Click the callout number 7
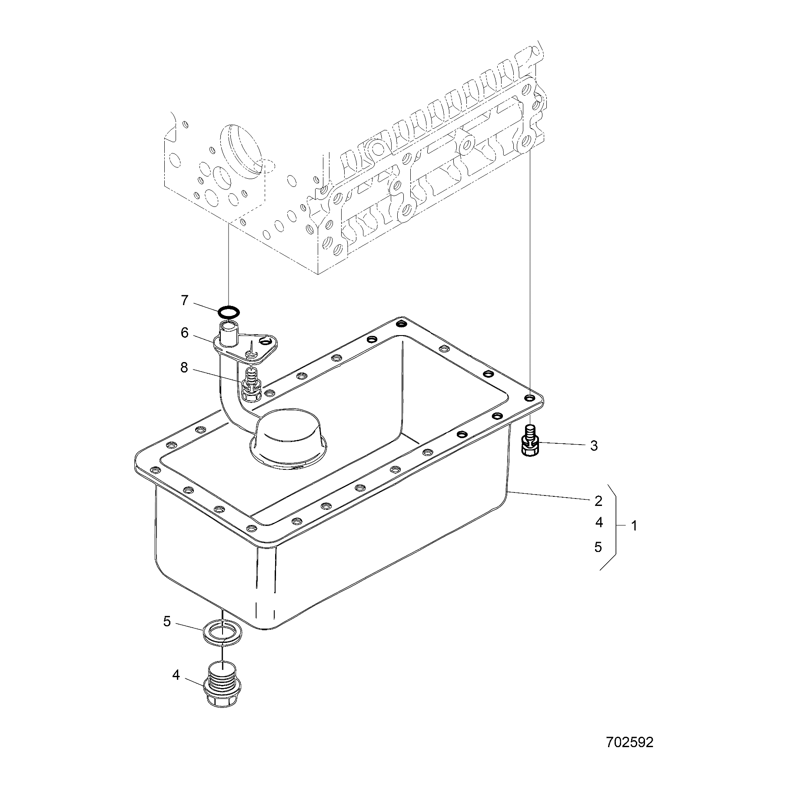click(184, 300)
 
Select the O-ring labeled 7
click(229, 312)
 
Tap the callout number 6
click(185, 333)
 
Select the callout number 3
click(594, 446)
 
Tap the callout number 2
click(598, 501)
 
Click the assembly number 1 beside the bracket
click(635, 526)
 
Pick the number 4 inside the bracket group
click(599, 523)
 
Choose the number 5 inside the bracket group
click(598, 547)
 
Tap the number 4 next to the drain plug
click(176, 675)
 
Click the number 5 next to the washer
click(167, 622)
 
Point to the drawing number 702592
click(630, 742)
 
